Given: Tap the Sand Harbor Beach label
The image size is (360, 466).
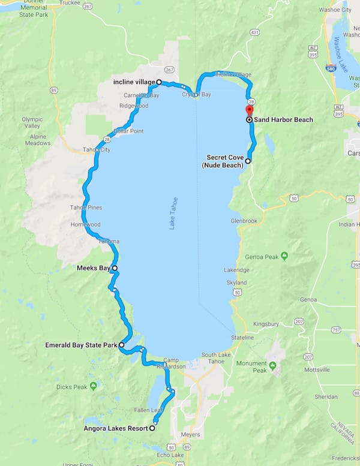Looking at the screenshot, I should [283, 120].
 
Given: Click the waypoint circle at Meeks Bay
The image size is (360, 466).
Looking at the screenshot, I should [115, 268].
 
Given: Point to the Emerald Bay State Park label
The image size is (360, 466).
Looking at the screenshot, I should [81, 345].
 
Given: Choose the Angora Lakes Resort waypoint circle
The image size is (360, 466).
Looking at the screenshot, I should [152, 428].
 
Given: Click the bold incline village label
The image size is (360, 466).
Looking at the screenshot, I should [134, 82].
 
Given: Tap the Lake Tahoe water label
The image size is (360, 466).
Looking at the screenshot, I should [173, 214].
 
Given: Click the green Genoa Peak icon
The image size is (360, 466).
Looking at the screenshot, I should [284, 256].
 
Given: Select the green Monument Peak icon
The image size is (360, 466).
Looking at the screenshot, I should [273, 365].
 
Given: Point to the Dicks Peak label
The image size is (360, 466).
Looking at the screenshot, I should [72, 387].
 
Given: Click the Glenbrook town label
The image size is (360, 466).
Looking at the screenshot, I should [244, 221].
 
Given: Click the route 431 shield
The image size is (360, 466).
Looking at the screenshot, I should [254, 31].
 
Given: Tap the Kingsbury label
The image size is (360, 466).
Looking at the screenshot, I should [266, 324].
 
